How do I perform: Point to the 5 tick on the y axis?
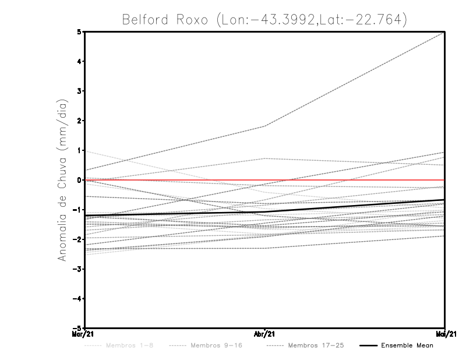(x=80, y=31)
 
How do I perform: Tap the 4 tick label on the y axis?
(x=80, y=61)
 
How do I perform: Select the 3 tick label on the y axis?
(x=80, y=91)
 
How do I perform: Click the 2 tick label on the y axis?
(x=80, y=121)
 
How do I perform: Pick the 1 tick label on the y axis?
(x=80, y=150)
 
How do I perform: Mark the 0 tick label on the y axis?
(x=80, y=180)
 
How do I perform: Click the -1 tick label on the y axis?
(x=78, y=210)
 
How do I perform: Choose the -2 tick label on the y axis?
(x=78, y=239)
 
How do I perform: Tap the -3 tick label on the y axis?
(x=78, y=269)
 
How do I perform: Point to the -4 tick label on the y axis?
(x=78, y=299)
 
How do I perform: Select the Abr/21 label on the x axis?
(x=265, y=334)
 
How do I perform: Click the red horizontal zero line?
(x=349, y=180)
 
